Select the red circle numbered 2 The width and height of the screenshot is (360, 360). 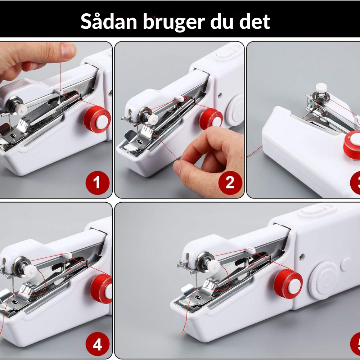click(x=230, y=183)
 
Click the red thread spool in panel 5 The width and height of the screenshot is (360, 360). click(x=288, y=284)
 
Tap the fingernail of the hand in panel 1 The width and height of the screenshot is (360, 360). click(x=68, y=50)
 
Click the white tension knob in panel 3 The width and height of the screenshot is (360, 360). click(x=321, y=88)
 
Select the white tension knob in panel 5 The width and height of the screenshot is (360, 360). click(x=213, y=266)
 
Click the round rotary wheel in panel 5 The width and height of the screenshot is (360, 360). click(x=324, y=280)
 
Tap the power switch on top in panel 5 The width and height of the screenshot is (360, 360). click(x=317, y=209)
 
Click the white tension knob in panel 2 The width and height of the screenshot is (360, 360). click(x=153, y=120)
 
